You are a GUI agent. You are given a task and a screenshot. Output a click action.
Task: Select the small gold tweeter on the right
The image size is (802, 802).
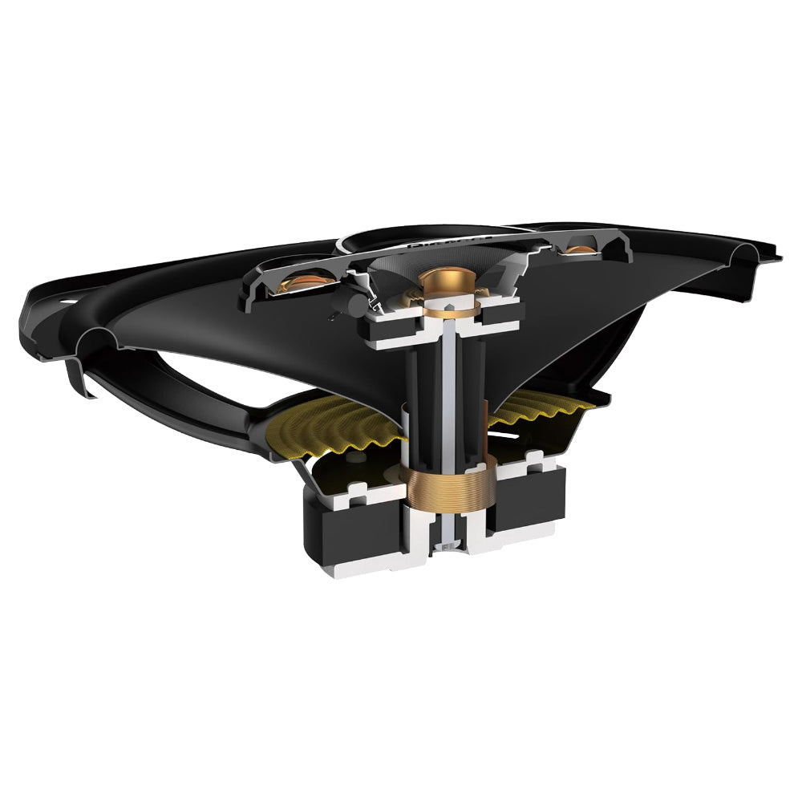coord(581,251)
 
